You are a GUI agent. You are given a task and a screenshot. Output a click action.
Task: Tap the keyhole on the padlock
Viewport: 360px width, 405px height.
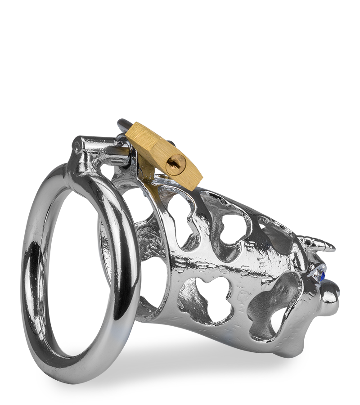[x=175, y=163]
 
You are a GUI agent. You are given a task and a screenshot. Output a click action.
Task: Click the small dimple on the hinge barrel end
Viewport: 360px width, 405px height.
[x=77, y=144]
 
